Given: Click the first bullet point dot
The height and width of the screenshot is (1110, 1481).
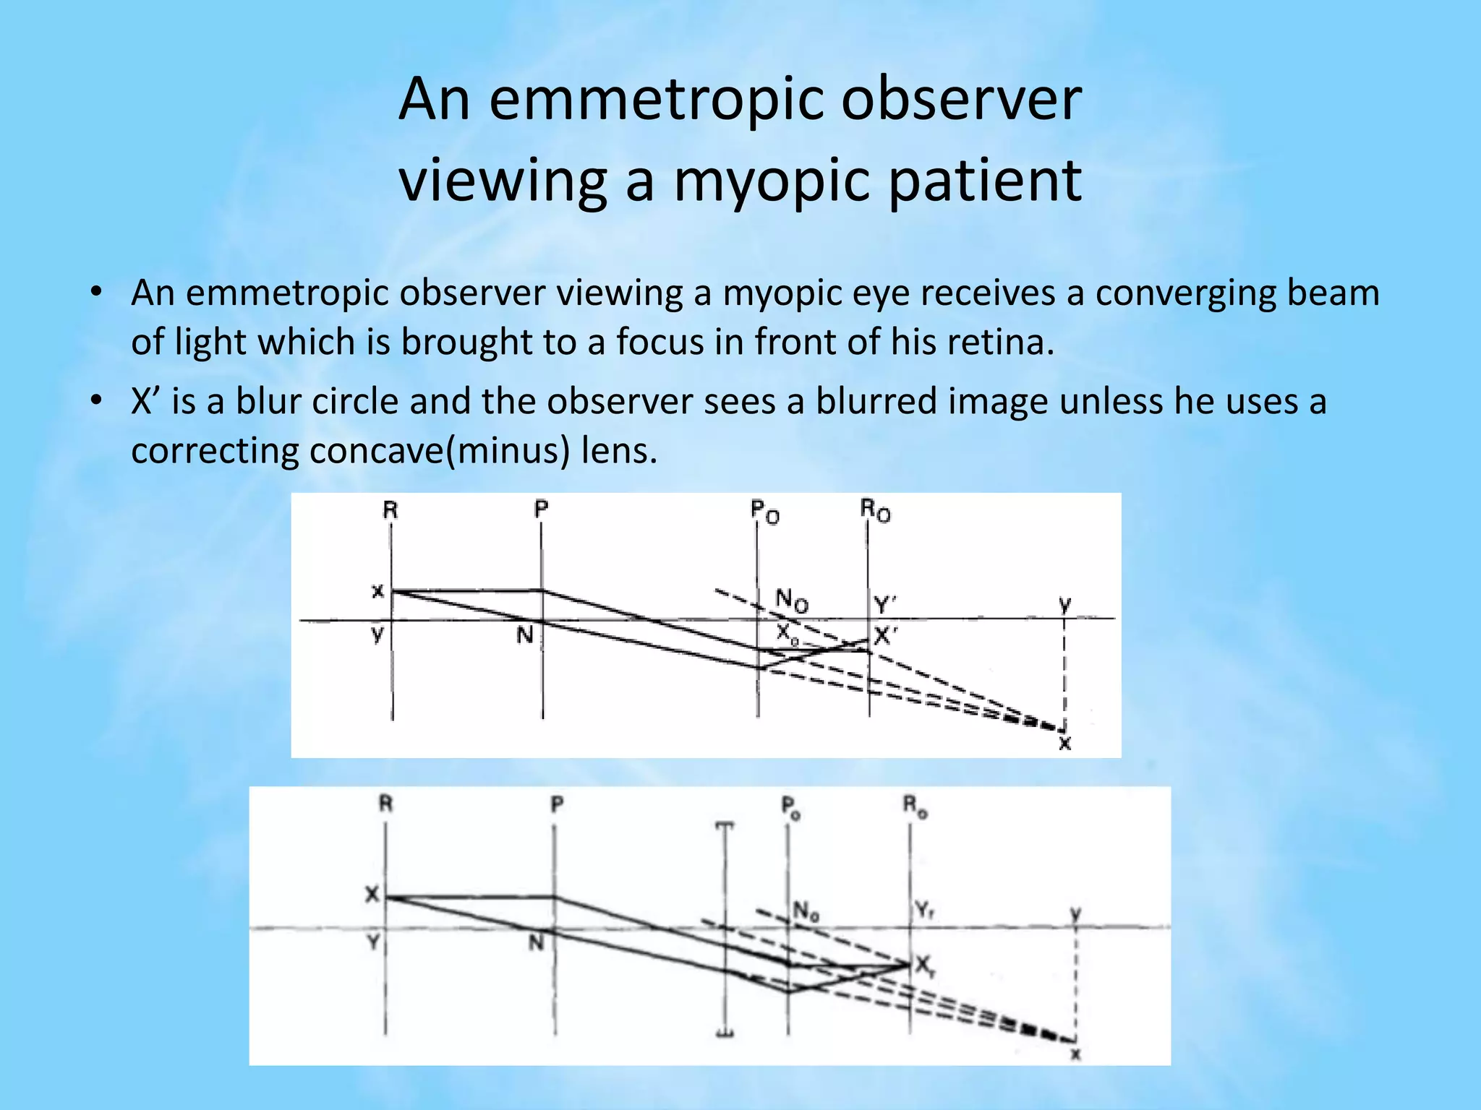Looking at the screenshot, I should click(x=95, y=293).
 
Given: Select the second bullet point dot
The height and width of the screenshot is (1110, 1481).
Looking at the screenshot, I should click(x=95, y=400).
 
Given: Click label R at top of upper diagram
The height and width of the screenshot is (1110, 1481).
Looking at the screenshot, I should click(x=390, y=510).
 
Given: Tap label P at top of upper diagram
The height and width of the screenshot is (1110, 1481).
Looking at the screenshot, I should click(x=541, y=509).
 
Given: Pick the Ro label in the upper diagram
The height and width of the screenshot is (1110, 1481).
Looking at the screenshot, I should click(x=875, y=511).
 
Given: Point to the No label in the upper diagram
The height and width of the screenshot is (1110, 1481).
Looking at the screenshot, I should click(x=792, y=600).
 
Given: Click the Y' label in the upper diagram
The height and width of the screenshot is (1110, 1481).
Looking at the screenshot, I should click(x=884, y=604).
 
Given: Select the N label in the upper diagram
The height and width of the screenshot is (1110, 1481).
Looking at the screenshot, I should click(x=525, y=635).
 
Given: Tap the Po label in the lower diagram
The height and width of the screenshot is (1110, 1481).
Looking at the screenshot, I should click(x=791, y=806).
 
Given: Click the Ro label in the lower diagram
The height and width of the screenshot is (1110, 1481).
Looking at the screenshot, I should click(x=915, y=806).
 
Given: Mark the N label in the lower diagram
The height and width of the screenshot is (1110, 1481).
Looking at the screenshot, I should click(x=536, y=942).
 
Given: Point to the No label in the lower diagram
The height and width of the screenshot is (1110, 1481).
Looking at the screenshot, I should click(x=806, y=911).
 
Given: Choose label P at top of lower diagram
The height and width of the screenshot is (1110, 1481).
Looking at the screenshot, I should click(x=556, y=804).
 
